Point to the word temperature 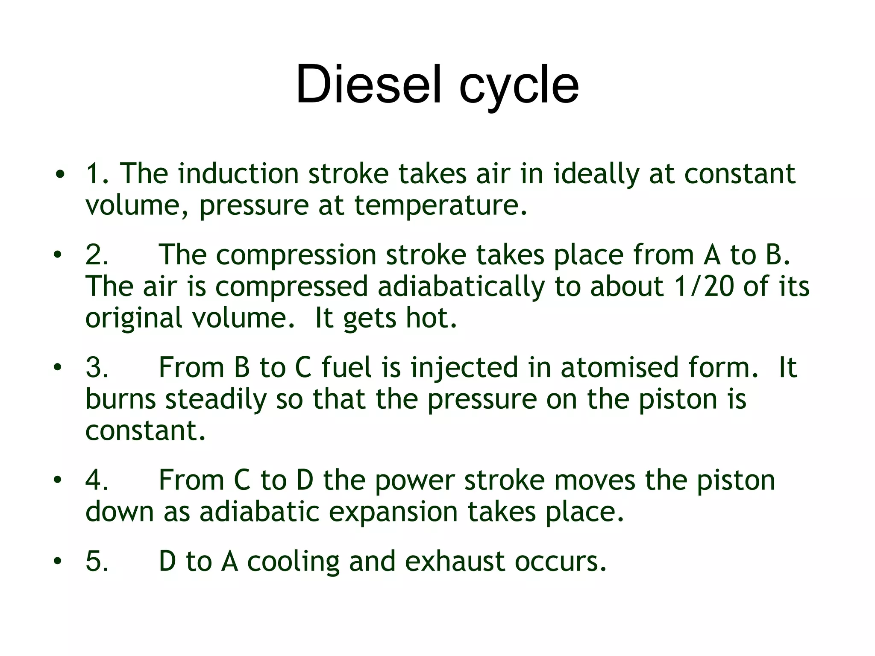tap(440, 205)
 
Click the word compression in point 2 tap(296, 255)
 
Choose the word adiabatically tap(461, 287)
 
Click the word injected tap(464, 368)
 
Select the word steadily tap(216, 399)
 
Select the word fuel tap(346, 368)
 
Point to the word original tap(134, 318)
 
